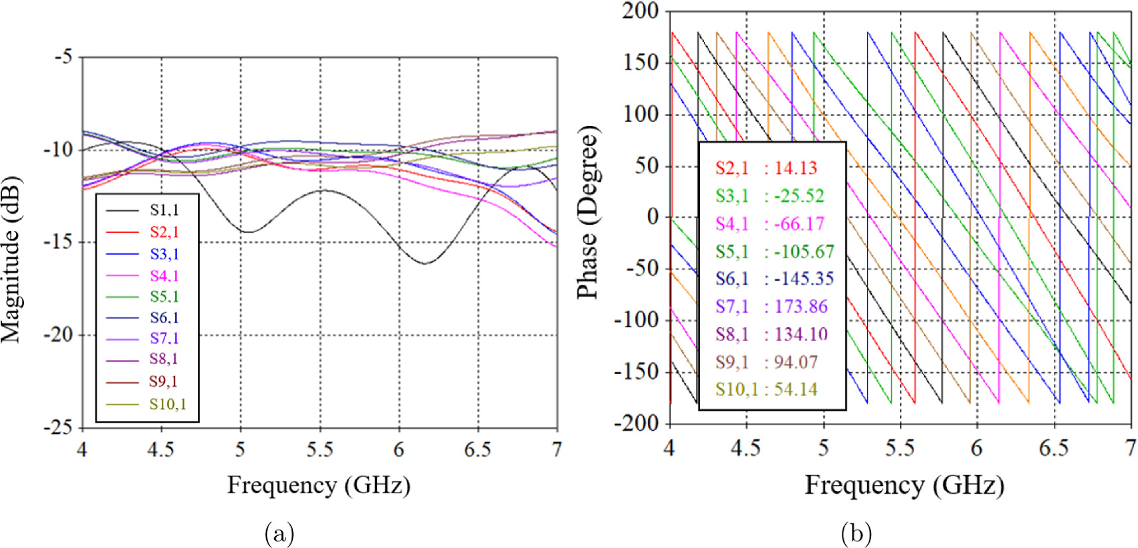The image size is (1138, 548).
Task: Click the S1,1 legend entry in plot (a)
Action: click(x=164, y=210)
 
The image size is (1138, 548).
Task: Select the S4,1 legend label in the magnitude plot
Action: click(x=164, y=275)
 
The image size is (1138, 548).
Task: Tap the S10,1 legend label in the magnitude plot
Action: click(x=167, y=404)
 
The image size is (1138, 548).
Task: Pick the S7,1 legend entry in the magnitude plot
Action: click(x=164, y=338)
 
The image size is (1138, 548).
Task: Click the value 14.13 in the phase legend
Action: click(x=795, y=168)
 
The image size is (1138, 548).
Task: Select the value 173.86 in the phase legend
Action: click(x=801, y=307)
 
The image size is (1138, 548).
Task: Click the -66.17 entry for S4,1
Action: click(x=799, y=224)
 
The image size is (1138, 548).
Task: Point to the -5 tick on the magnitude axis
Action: click(x=64, y=57)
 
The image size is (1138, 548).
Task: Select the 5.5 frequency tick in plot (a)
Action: click(x=319, y=450)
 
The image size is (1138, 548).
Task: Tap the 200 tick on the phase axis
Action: click(x=640, y=11)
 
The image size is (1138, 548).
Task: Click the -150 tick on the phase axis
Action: click(x=636, y=372)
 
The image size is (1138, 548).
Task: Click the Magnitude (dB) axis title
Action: click(x=11, y=259)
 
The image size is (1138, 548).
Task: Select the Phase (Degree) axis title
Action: click(x=587, y=212)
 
